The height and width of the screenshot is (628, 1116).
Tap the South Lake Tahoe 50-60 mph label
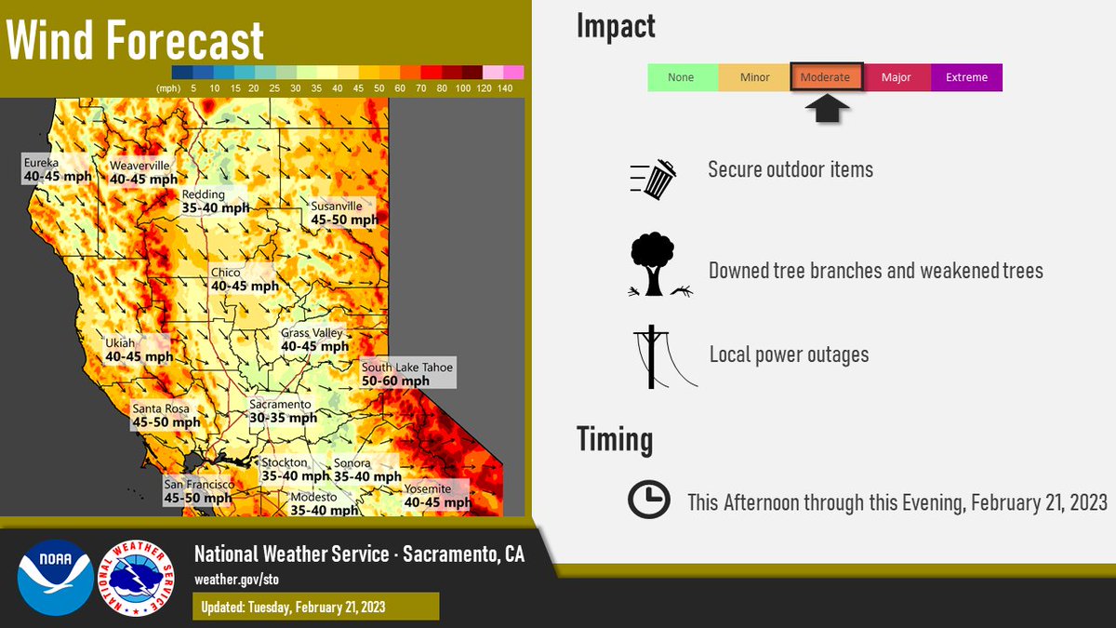(x=407, y=374)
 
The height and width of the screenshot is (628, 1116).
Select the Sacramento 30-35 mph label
(x=283, y=411)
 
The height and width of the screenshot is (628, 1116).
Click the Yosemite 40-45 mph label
(x=436, y=496)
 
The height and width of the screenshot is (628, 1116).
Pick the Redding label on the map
(x=215, y=201)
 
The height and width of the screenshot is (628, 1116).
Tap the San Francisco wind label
(x=197, y=491)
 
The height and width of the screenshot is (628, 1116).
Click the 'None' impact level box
(x=682, y=77)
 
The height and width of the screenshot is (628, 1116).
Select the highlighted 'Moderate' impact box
(x=827, y=77)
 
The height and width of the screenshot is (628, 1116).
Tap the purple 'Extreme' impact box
(x=966, y=77)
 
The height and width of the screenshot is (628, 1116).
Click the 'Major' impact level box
(x=897, y=77)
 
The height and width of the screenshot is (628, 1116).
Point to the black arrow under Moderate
(x=827, y=109)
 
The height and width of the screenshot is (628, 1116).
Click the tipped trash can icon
(x=655, y=179)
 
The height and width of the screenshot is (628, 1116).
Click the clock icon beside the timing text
(x=648, y=501)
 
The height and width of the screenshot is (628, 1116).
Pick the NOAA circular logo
(x=55, y=578)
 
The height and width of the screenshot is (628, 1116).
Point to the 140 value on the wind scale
(x=505, y=88)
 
